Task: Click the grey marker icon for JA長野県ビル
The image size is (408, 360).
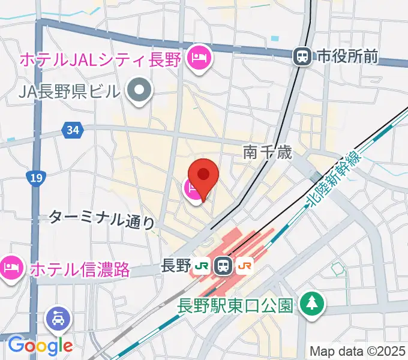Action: point(140,92)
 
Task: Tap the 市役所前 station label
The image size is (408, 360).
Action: point(347,57)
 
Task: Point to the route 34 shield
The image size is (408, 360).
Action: point(73,129)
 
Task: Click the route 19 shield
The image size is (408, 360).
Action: point(35,177)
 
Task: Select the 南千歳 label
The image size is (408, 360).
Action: point(268,153)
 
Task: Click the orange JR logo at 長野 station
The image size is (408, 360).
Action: point(245,265)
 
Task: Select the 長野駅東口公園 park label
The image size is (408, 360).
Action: point(235,305)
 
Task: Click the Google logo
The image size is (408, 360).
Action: point(40,346)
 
